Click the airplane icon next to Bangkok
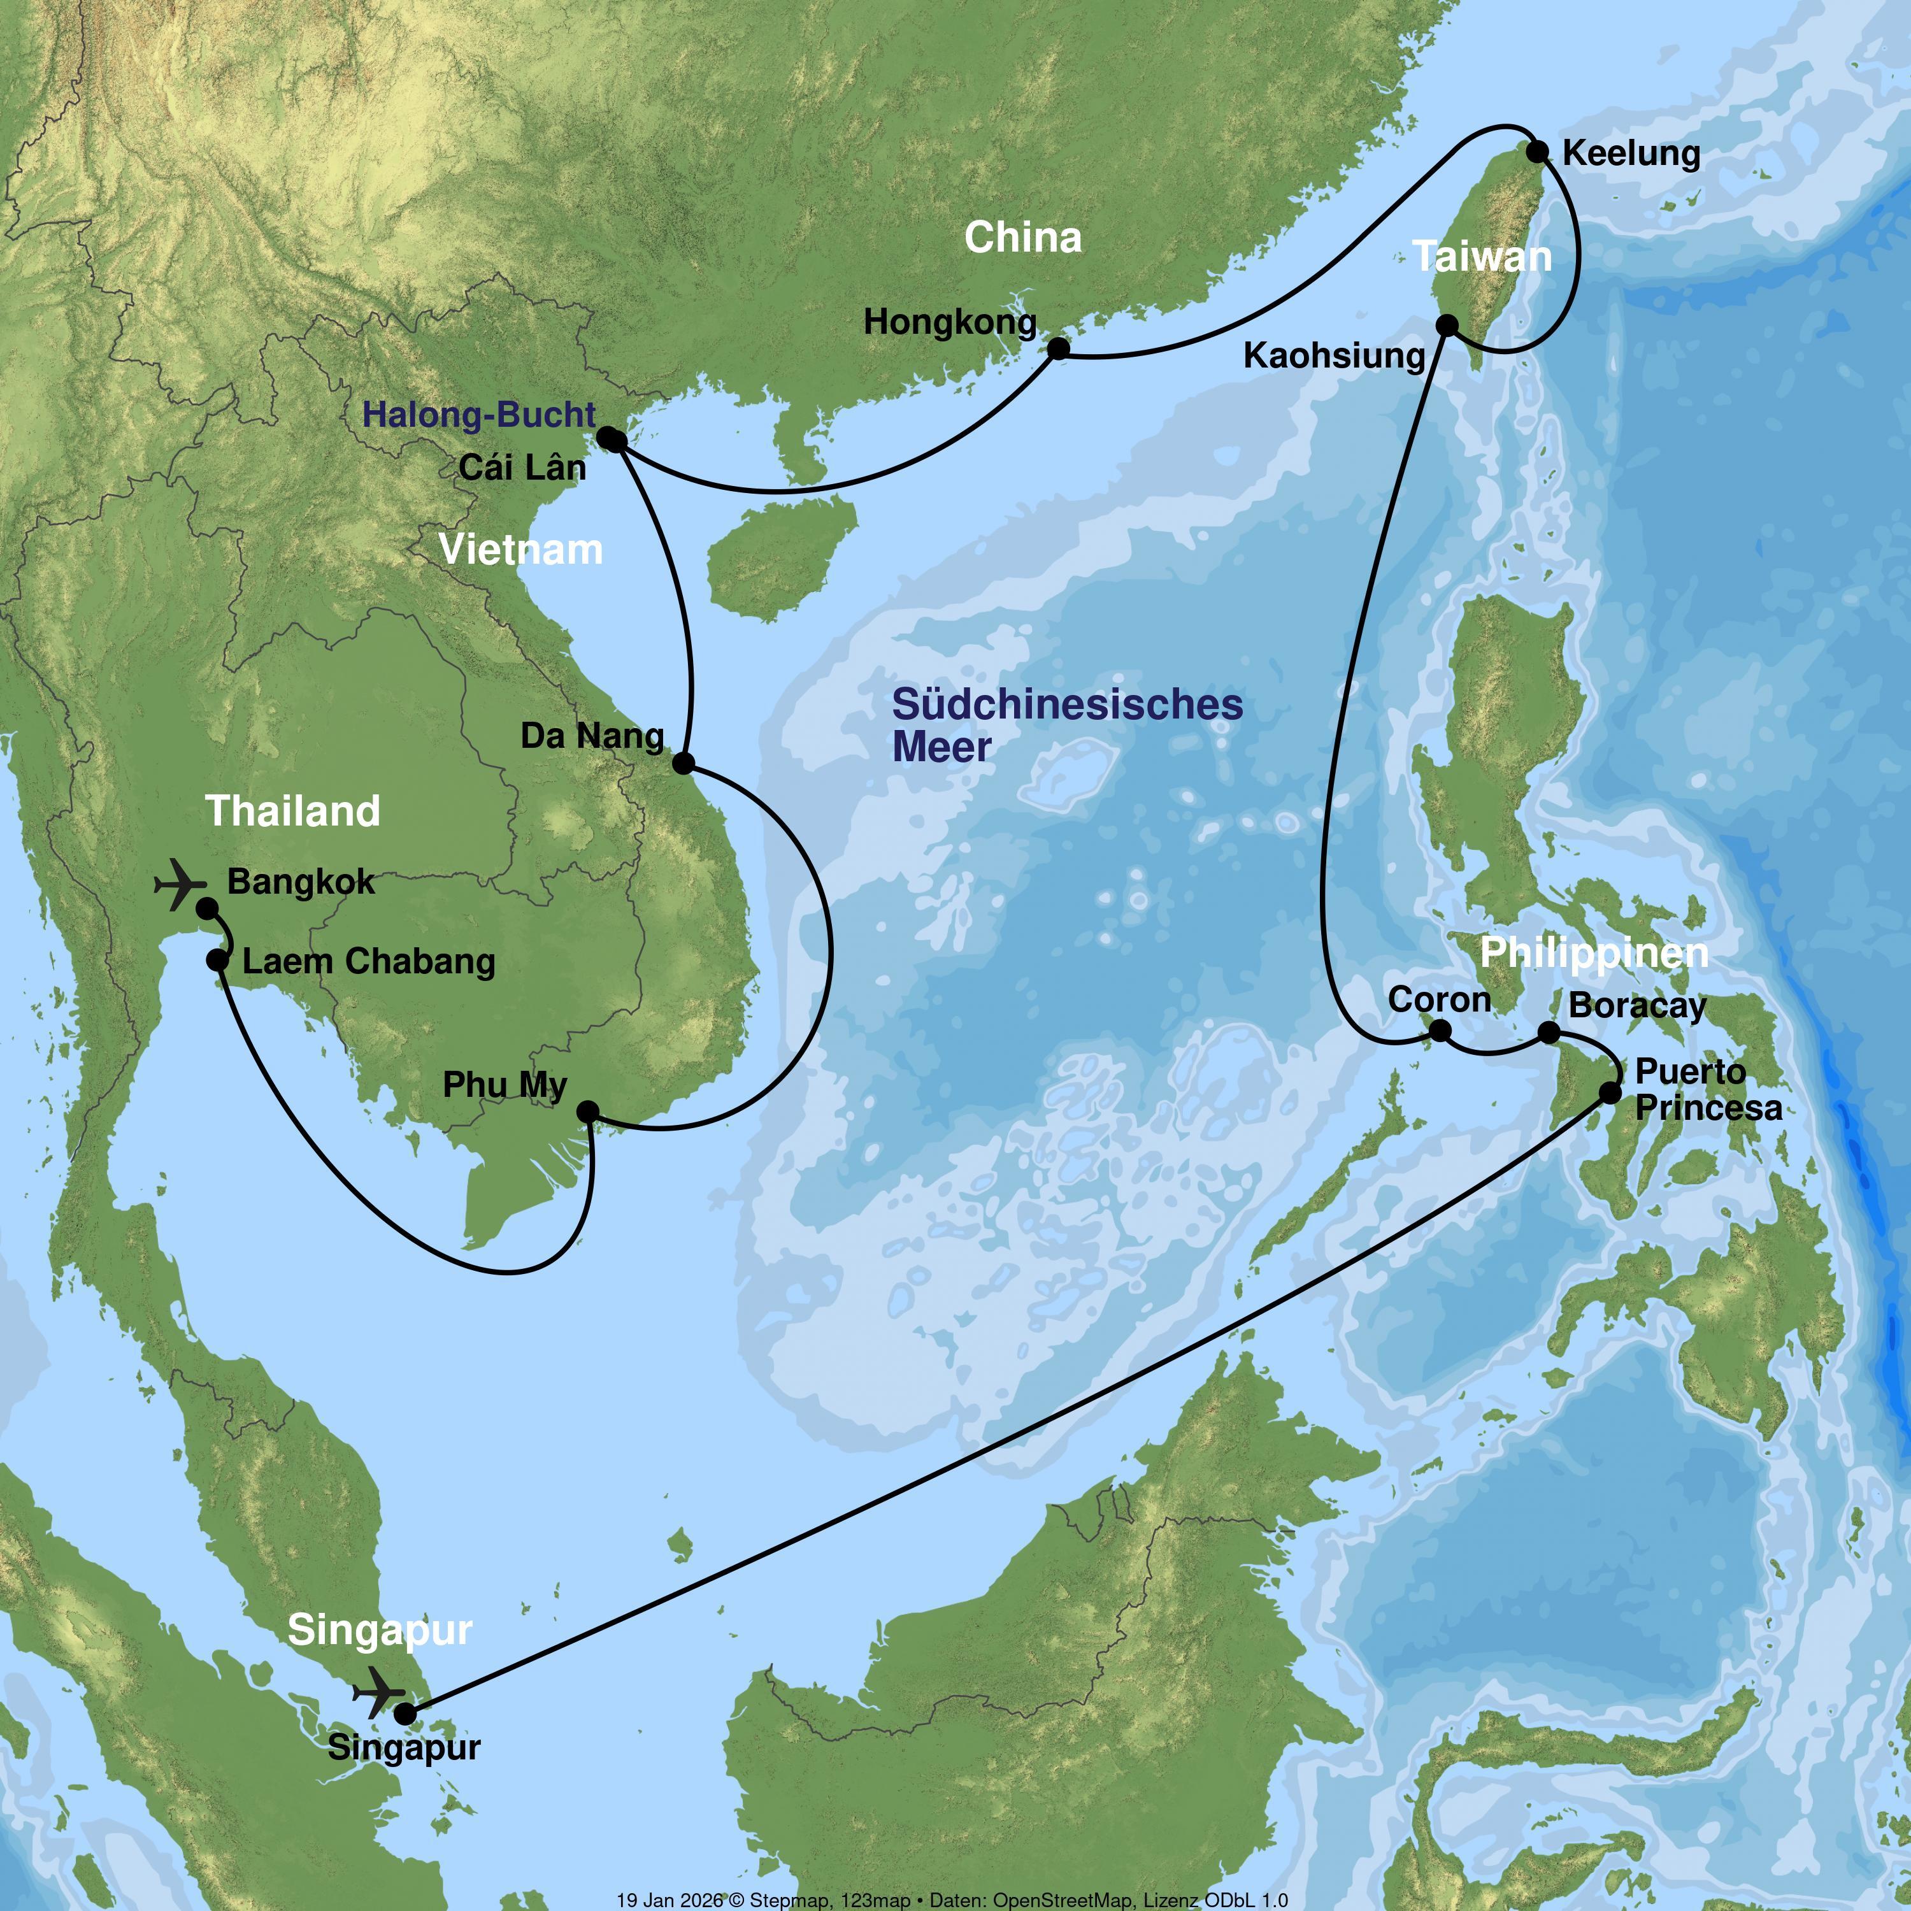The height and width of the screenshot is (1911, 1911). click(181, 884)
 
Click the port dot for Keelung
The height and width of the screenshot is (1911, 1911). click(1537, 152)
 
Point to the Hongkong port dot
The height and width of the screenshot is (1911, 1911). click(1058, 348)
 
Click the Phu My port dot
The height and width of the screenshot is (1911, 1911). click(587, 1112)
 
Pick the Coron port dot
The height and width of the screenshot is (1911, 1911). click(1441, 1031)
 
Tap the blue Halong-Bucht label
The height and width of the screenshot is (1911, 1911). click(479, 415)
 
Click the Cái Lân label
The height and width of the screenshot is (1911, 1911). click(522, 467)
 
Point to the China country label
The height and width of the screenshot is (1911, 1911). click(1023, 238)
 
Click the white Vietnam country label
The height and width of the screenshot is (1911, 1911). click(520, 550)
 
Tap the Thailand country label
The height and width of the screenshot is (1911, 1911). click(293, 811)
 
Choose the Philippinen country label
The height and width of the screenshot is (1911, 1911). click(1594, 952)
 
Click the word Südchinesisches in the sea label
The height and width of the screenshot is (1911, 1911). click(1067, 705)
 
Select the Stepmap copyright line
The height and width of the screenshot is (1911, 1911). click(952, 1899)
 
